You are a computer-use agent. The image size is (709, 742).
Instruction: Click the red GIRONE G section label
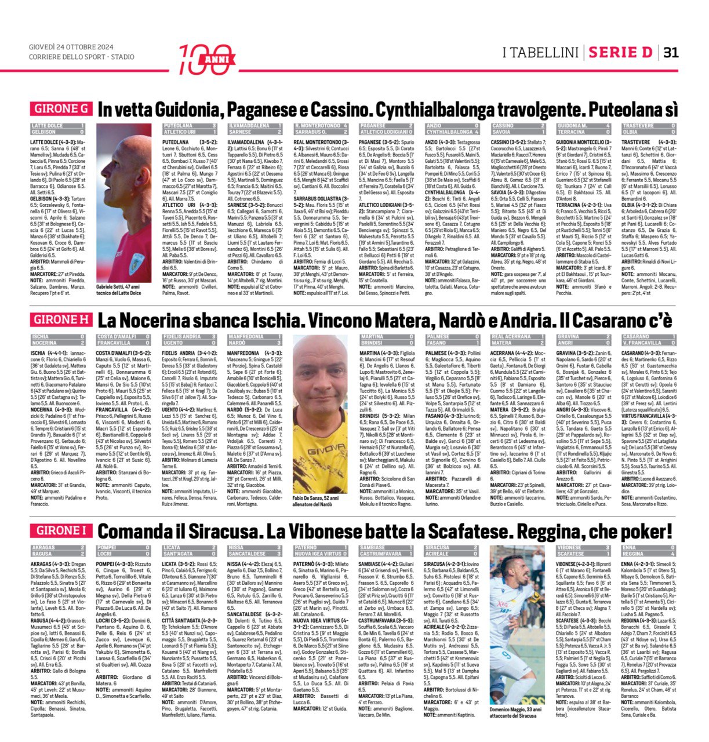(x=61, y=109)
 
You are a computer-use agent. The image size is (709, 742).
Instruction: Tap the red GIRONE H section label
(x=61, y=319)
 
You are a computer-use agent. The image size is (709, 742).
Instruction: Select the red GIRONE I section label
(x=61, y=530)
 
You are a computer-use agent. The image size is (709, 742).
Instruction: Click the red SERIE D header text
(x=620, y=53)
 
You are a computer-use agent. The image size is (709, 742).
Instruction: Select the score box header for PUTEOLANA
(x=190, y=129)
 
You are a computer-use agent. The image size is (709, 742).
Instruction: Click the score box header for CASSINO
(x=518, y=129)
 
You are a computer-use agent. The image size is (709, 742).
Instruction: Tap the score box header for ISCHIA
(x=58, y=340)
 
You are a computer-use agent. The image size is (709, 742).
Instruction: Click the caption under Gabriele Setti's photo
(x=119, y=290)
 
